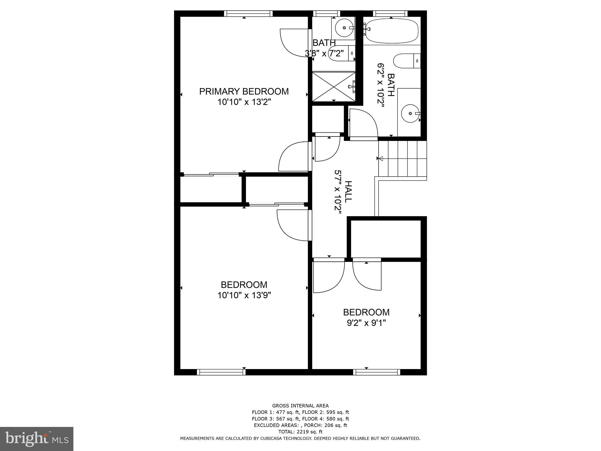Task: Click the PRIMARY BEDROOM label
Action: [244, 91]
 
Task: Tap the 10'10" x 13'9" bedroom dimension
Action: [244, 295]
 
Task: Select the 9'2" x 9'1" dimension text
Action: [366, 323]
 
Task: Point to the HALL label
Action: [348, 191]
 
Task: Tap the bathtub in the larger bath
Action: [391, 31]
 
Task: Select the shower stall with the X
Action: [334, 87]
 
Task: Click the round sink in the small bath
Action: [344, 28]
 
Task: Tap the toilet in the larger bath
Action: [406, 61]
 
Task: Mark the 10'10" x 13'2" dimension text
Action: [244, 102]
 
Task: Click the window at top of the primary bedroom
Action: [248, 14]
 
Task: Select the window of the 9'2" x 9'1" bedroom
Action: [377, 372]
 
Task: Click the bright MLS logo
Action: [37, 439]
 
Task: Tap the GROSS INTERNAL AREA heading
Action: [300, 406]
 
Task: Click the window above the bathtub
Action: [390, 14]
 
